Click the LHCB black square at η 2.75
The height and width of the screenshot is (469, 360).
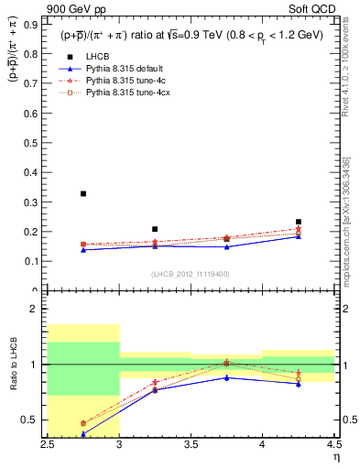83,193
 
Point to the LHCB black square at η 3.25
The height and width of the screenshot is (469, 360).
155,229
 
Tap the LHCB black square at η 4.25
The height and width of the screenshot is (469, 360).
298,222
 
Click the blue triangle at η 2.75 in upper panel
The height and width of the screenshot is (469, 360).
83,250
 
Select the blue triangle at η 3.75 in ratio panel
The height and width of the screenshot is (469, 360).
226,377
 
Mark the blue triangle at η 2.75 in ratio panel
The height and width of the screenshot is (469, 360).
83,434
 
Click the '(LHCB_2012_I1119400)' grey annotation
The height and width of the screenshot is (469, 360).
191,275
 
